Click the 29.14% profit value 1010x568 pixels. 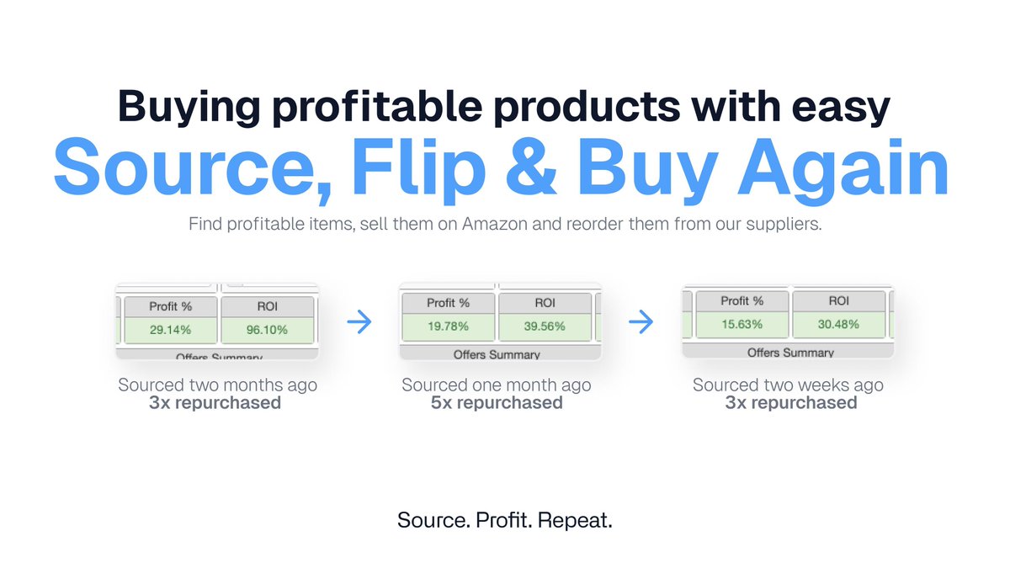(170, 330)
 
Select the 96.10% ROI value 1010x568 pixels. (267, 330)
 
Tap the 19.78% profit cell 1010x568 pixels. (448, 326)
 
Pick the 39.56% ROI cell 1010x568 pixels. (545, 326)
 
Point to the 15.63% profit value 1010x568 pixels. (742, 324)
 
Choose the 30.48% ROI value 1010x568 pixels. (838, 324)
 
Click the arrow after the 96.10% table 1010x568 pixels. (359, 323)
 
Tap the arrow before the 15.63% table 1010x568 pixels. (641, 321)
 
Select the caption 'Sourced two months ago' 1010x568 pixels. (218, 385)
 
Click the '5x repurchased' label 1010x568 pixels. (497, 403)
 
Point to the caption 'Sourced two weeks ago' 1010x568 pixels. (788, 385)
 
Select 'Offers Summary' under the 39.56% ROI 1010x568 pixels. (497, 354)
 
